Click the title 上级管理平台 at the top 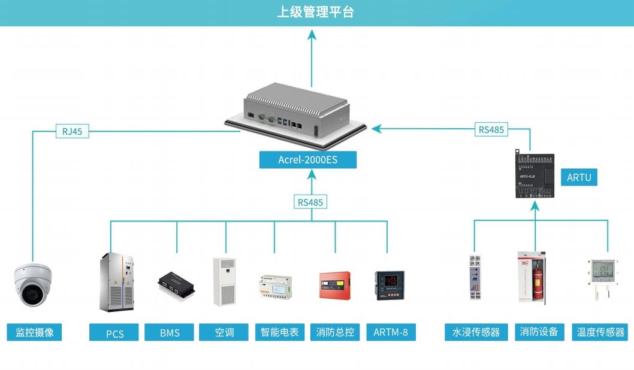(x=315, y=12)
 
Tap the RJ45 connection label (x=72, y=131)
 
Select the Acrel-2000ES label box (x=308, y=160)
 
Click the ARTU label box (x=579, y=177)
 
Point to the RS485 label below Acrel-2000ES (x=310, y=202)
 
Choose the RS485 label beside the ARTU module (x=491, y=129)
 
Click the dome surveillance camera (x=34, y=284)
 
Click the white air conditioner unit (x=225, y=282)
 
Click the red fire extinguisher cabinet (x=532, y=277)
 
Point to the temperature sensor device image (x=601, y=277)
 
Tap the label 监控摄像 (x=34, y=332)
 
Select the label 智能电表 (x=280, y=332)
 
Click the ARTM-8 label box (x=391, y=332)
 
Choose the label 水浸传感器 (x=476, y=332)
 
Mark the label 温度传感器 (x=600, y=332)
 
